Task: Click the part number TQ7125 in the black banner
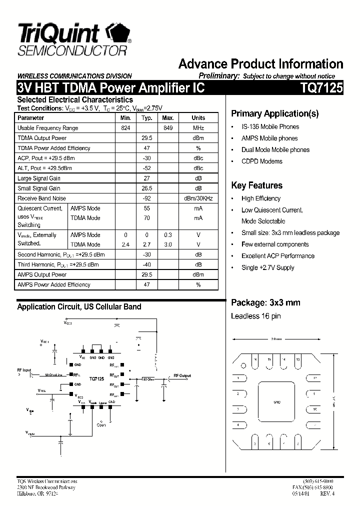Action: click(321, 88)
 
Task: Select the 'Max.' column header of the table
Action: click(167, 118)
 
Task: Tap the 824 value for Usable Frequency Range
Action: click(125, 128)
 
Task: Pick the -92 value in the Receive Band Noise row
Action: click(146, 198)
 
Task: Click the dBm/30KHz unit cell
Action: click(198, 198)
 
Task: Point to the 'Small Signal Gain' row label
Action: click(39, 188)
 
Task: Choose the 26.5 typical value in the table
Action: click(146, 188)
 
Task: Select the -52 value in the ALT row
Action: click(146, 168)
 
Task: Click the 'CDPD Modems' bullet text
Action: click(262, 161)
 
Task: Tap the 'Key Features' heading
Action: click(256, 185)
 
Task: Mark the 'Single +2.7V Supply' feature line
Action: click(268, 267)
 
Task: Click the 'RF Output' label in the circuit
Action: click(182, 375)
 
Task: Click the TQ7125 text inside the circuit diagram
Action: click(96, 379)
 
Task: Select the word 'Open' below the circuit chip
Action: click(101, 425)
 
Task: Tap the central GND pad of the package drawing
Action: click(276, 402)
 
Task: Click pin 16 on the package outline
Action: click(255, 359)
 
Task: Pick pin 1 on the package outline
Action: click(239, 378)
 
